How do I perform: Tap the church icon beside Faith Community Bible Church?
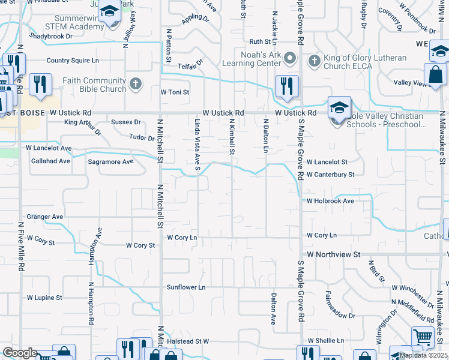click(136, 83)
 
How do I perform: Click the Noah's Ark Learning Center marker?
click(291, 58)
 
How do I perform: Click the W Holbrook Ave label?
click(330, 201)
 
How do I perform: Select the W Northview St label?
click(333, 254)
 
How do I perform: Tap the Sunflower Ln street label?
click(186, 287)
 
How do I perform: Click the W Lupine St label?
click(44, 298)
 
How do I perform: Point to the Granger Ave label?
click(45, 217)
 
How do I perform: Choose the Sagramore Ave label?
click(111, 162)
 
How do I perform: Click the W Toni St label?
click(175, 92)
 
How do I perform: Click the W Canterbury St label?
click(331, 175)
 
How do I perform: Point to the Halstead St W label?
click(188, 341)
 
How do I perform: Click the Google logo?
click(19, 353)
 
